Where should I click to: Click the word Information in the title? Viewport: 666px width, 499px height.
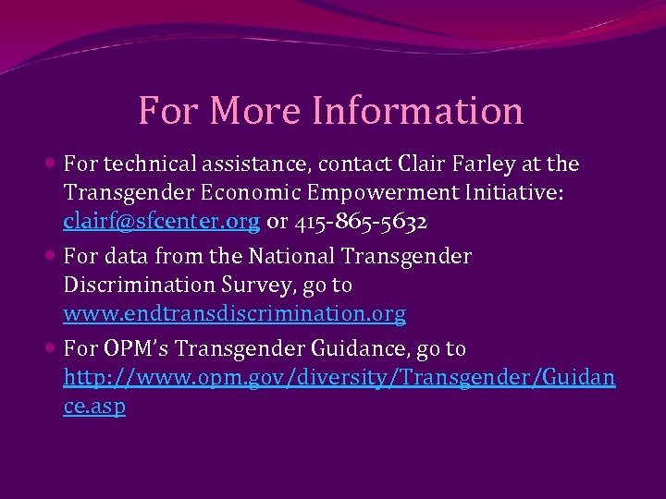click(x=417, y=111)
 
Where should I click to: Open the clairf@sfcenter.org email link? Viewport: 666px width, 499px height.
click(x=162, y=223)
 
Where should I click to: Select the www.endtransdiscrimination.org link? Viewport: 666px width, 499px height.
click(x=234, y=314)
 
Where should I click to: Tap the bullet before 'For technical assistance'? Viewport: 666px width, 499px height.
click(x=51, y=164)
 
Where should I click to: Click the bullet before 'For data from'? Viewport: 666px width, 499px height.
click(x=51, y=256)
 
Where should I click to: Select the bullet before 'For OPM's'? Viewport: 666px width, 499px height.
click(x=51, y=348)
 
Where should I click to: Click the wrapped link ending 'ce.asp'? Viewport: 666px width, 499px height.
click(x=94, y=407)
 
